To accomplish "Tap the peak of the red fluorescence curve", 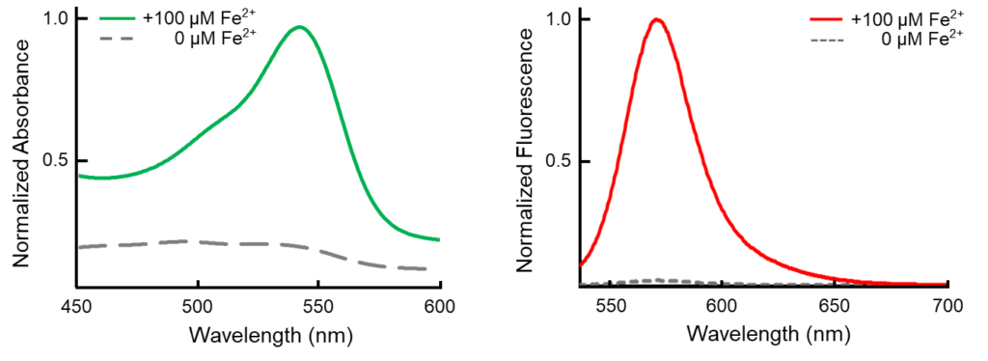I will (657, 19).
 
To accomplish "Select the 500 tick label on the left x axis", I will (197, 304).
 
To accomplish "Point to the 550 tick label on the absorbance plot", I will (318, 304).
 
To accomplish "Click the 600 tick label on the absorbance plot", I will (440, 304).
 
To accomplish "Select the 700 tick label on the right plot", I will (947, 304).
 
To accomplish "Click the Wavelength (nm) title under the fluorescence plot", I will (769, 335).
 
